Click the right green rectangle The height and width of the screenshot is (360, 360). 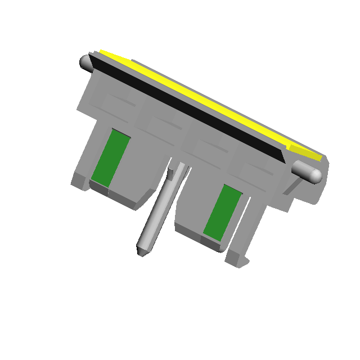tap(223, 211)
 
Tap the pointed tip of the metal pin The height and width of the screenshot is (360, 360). tap(141, 252)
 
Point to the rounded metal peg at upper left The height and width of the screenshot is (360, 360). tap(87, 62)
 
